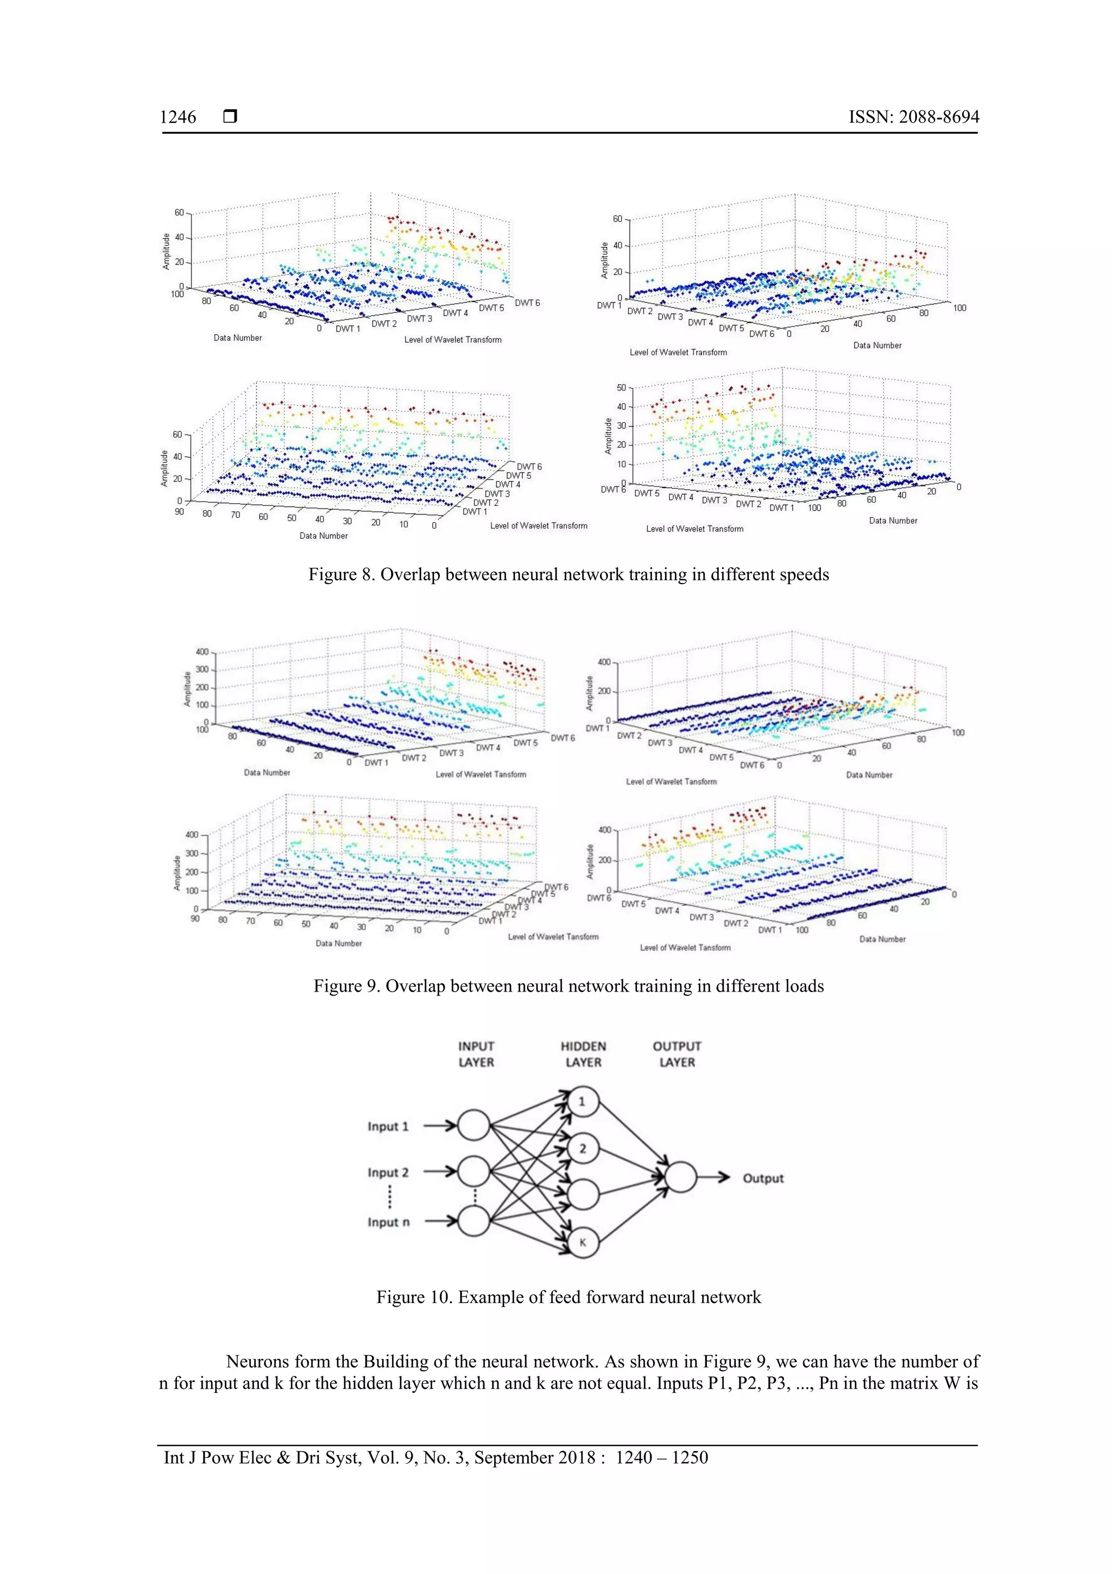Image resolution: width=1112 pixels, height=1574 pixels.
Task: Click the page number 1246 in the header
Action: pos(178,117)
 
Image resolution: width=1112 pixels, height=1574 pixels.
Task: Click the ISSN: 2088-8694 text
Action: pos(913,117)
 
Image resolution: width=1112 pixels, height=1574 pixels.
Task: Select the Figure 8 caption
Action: pos(568,574)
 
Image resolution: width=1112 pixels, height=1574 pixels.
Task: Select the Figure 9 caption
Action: pos(568,986)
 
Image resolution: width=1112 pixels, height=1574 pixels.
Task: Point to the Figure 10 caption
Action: pos(568,1297)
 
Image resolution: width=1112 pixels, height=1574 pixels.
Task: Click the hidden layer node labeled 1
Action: pos(583,1102)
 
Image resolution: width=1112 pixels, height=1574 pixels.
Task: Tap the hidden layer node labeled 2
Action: pos(583,1148)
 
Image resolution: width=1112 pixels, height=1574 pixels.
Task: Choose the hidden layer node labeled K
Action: pos(583,1242)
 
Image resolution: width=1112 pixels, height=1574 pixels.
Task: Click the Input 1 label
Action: pos(388,1126)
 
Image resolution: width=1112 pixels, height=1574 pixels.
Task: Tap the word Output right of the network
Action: pos(762,1178)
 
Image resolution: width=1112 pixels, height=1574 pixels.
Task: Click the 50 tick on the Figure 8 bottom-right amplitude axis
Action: pos(621,388)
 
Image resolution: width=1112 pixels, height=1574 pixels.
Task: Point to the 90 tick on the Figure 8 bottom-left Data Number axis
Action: pos(180,511)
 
